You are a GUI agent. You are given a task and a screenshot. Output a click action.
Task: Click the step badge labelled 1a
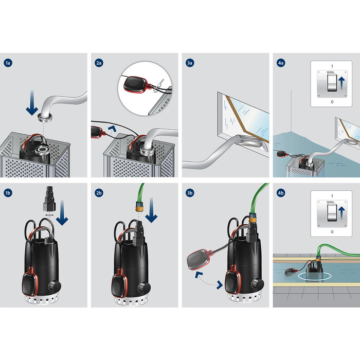click(x=8, y=63)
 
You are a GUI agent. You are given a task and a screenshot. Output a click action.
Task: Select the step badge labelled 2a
click(x=99, y=63)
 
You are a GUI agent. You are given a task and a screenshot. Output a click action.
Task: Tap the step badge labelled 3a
click(x=190, y=63)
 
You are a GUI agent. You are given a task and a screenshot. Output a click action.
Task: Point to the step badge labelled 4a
click(x=281, y=63)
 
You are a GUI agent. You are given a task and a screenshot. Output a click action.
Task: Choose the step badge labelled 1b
click(x=8, y=193)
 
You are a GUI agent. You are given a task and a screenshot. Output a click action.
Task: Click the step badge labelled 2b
click(x=99, y=193)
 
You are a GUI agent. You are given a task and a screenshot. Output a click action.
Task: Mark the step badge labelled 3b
click(x=190, y=193)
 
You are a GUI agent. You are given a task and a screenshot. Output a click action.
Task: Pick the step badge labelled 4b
click(x=281, y=193)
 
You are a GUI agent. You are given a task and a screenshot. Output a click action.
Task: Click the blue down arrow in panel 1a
click(x=32, y=103)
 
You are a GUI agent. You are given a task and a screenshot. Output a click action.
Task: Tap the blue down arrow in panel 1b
click(x=62, y=212)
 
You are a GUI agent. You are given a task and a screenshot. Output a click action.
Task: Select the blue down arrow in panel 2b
click(x=151, y=210)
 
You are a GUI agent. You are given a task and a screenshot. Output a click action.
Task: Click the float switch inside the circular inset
click(x=136, y=84)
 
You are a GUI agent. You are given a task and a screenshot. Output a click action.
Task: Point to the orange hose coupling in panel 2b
click(x=138, y=206)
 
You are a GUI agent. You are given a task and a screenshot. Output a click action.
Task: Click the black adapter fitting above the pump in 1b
click(x=49, y=199)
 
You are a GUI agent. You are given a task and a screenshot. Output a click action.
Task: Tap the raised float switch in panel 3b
click(x=199, y=260)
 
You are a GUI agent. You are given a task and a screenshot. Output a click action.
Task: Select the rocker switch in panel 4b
click(x=332, y=212)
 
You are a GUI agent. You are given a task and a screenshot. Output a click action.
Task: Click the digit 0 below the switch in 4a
click(x=332, y=102)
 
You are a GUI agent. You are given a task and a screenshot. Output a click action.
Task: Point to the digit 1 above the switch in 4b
click(x=332, y=196)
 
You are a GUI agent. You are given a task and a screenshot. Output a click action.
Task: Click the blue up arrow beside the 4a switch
click(x=341, y=83)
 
